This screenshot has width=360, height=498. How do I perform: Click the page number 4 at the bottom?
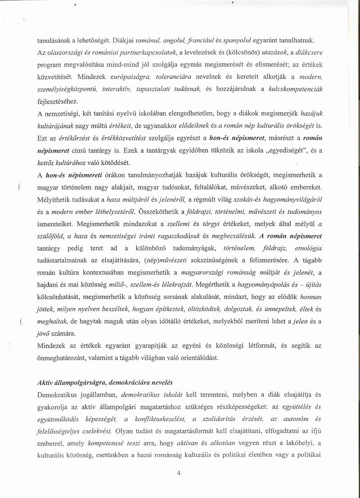179,472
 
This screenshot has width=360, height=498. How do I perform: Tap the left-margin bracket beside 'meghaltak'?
21,322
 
